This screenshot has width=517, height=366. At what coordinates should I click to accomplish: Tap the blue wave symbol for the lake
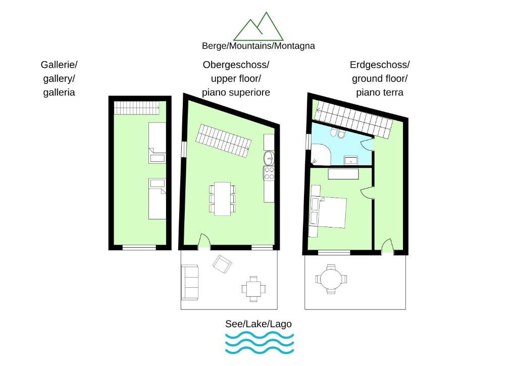[x=260, y=343]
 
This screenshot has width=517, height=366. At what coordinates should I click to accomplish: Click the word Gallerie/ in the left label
[x=59, y=65]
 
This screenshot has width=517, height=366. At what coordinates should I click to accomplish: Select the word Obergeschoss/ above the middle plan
[x=236, y=65]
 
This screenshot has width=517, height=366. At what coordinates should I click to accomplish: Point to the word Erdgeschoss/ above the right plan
[x=380, y=65]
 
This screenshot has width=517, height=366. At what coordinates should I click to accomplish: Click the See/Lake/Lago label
[x=258, y=324]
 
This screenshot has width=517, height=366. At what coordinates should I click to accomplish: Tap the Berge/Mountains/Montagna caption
[x=258, y=45]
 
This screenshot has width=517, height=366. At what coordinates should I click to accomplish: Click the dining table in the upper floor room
[x=222, y=199]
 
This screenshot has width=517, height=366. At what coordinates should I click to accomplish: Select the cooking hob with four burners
[x=269, y=173]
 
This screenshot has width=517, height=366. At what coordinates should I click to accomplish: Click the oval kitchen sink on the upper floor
[x=269, y=158]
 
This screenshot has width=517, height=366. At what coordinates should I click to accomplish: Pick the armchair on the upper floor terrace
[x=222, y=264]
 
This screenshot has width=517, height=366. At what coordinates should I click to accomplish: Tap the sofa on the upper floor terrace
[x=190, y=282]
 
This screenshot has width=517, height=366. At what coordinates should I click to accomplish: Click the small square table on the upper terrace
[x=253, y=289]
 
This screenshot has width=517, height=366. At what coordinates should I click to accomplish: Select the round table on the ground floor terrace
[x=331, y=279]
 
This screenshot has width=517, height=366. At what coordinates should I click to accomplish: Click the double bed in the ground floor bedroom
[x=328, y=213]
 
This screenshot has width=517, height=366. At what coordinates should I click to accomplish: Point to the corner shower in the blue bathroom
[x=321, y=155]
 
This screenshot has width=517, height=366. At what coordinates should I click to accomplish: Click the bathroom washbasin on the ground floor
[x=351, y=160]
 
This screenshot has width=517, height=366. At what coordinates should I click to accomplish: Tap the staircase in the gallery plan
[x=137, y=108]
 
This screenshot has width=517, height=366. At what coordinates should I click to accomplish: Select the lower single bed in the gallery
[x=158, y=199]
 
